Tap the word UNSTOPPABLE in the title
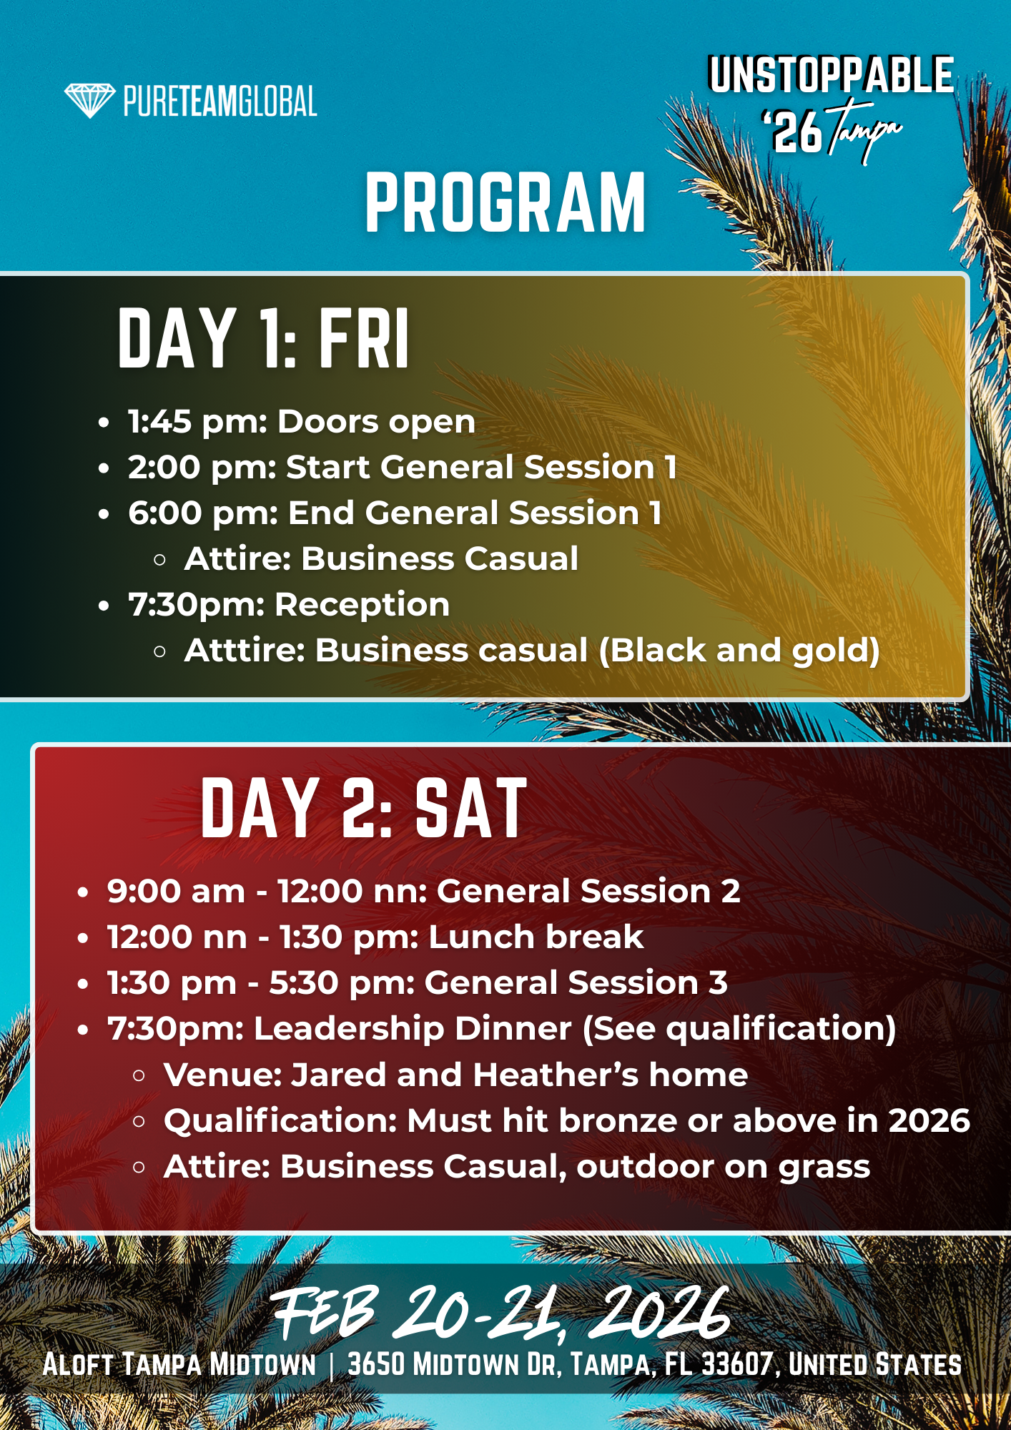point(831,75)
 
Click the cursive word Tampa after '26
point(865,130)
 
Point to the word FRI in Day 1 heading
point(364,338)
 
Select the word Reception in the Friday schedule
point(363,605)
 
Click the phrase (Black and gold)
point(739,651)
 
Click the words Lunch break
point(536,937)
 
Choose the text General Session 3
point(576,983)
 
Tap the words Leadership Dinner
point(413,1029)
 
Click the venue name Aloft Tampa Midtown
point(179,1364)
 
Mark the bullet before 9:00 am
point(83,893)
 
